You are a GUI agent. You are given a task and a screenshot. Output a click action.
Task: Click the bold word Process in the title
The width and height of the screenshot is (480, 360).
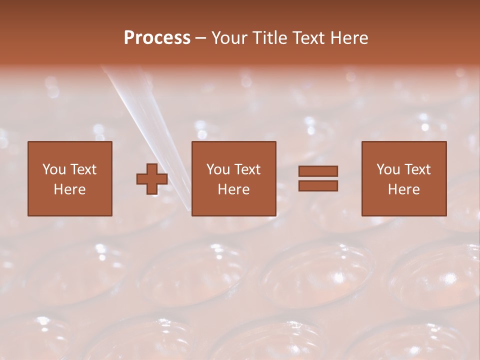(x=157, y=38)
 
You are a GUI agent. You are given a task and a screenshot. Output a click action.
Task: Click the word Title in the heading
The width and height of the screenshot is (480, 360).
(x=267, y=38)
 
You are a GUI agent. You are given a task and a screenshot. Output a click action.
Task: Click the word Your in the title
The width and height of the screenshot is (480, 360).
(x=229, y=38)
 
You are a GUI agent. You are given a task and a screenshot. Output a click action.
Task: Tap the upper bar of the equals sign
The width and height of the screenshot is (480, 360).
(x=318, y=171)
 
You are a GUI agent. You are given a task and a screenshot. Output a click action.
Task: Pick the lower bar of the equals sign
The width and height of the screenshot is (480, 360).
(x=318, y=186)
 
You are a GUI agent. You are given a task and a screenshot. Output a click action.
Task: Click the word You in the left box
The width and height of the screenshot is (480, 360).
(x=53, y=169)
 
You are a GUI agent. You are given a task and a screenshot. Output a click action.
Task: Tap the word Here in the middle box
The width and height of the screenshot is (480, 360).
(x=233, y=189)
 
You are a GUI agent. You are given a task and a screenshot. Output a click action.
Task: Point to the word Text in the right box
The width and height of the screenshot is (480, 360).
(x=418, y=169)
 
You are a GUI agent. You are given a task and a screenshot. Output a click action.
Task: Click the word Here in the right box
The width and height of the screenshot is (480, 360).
(x=403, y=189)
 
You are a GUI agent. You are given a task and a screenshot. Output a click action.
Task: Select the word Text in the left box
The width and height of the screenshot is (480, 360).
(x=83, y=169)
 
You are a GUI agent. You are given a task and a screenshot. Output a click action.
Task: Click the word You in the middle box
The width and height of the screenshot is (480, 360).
(x=218, y=169)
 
